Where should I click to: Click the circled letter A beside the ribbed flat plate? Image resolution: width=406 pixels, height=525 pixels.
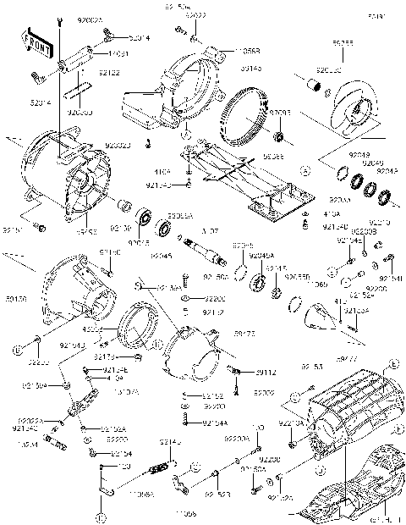[304, 169]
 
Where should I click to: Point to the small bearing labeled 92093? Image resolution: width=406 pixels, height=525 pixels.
[280, 137]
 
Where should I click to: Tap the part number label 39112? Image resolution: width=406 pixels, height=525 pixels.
[266, 372]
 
